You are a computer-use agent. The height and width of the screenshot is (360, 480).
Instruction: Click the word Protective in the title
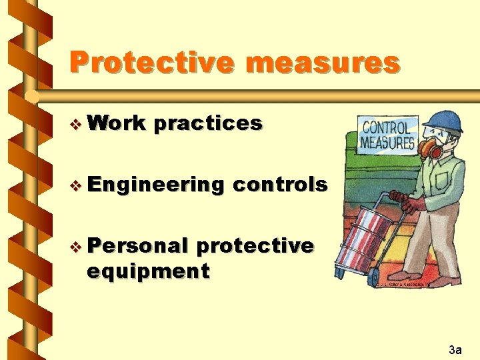(151, 63)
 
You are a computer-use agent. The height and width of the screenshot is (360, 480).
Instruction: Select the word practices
(207, 123)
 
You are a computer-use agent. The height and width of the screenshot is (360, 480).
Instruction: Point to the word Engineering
(155, 185)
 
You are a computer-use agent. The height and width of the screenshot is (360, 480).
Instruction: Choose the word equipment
(148, 271)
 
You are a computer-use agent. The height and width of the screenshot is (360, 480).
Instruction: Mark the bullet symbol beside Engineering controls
(77, 185)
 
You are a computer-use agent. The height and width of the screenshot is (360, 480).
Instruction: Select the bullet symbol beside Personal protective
(77, 247)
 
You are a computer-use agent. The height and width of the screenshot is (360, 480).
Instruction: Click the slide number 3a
(456, 349)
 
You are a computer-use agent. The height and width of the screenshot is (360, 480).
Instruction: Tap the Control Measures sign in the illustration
(388, 134)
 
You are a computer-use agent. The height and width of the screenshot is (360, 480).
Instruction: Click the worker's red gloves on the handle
(402, 199)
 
